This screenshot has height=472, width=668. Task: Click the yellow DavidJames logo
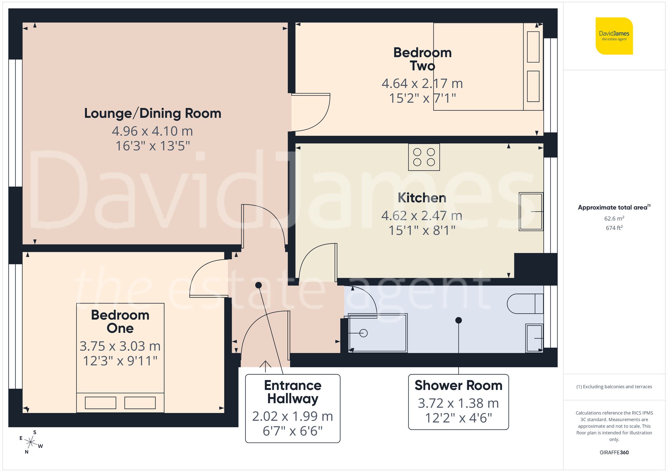coord(614,36)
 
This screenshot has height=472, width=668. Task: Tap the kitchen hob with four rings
coord(424,157)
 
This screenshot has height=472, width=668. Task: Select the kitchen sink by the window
coord(531,211)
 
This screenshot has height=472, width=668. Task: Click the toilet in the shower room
coord(524,304)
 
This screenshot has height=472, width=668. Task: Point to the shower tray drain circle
coord(364,333)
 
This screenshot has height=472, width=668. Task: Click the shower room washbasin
coord(534,338)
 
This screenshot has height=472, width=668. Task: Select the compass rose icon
coord(31,443)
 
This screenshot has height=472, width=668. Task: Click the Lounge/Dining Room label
coord(153,113)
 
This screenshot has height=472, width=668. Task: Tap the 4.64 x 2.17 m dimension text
coord(422,83)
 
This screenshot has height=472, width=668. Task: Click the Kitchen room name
coord(422,198)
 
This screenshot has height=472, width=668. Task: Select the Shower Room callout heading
coord(458,386)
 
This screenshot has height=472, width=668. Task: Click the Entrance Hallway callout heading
coord(293,392)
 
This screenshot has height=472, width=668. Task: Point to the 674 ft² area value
coord(614,228)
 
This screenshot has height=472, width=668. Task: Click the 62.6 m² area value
coord(614,218)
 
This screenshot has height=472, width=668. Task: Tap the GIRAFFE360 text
coord(614,452)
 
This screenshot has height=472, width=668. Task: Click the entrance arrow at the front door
coord(265,366)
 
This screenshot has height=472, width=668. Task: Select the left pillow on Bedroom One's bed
coord(101,403)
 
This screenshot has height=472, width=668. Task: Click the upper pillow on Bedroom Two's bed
coord(533,47)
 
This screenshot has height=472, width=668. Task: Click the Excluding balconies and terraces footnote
coord(614,387)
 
